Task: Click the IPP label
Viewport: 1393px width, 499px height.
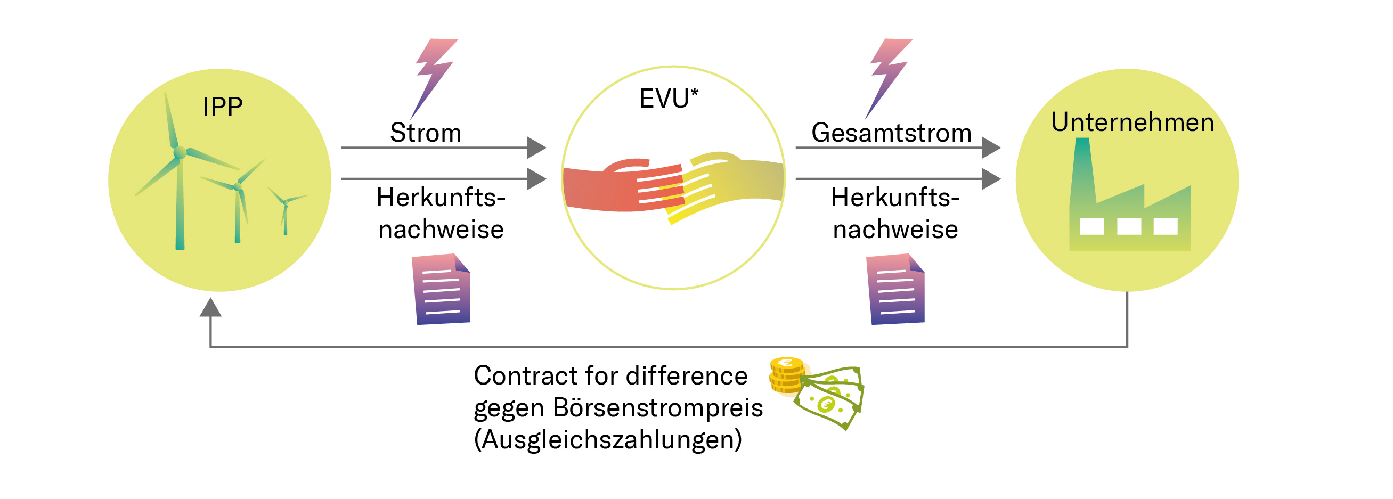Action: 222,107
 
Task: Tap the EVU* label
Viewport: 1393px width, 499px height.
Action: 669,99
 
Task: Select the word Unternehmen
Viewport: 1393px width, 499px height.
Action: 1133,122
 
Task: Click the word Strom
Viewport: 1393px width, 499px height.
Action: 426,133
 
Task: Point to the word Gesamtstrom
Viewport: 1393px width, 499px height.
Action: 891,133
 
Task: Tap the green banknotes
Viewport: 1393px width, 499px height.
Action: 830,397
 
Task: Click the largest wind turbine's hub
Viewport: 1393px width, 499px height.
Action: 180,153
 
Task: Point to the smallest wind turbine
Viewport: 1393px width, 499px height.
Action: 285,214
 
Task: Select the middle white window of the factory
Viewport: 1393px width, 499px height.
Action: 1129,226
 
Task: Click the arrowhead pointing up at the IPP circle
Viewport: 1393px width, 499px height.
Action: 210,308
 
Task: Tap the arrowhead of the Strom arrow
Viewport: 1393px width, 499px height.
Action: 536,147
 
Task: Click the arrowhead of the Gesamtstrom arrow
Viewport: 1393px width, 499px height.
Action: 990,147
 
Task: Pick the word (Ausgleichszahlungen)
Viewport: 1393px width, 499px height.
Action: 608,439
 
